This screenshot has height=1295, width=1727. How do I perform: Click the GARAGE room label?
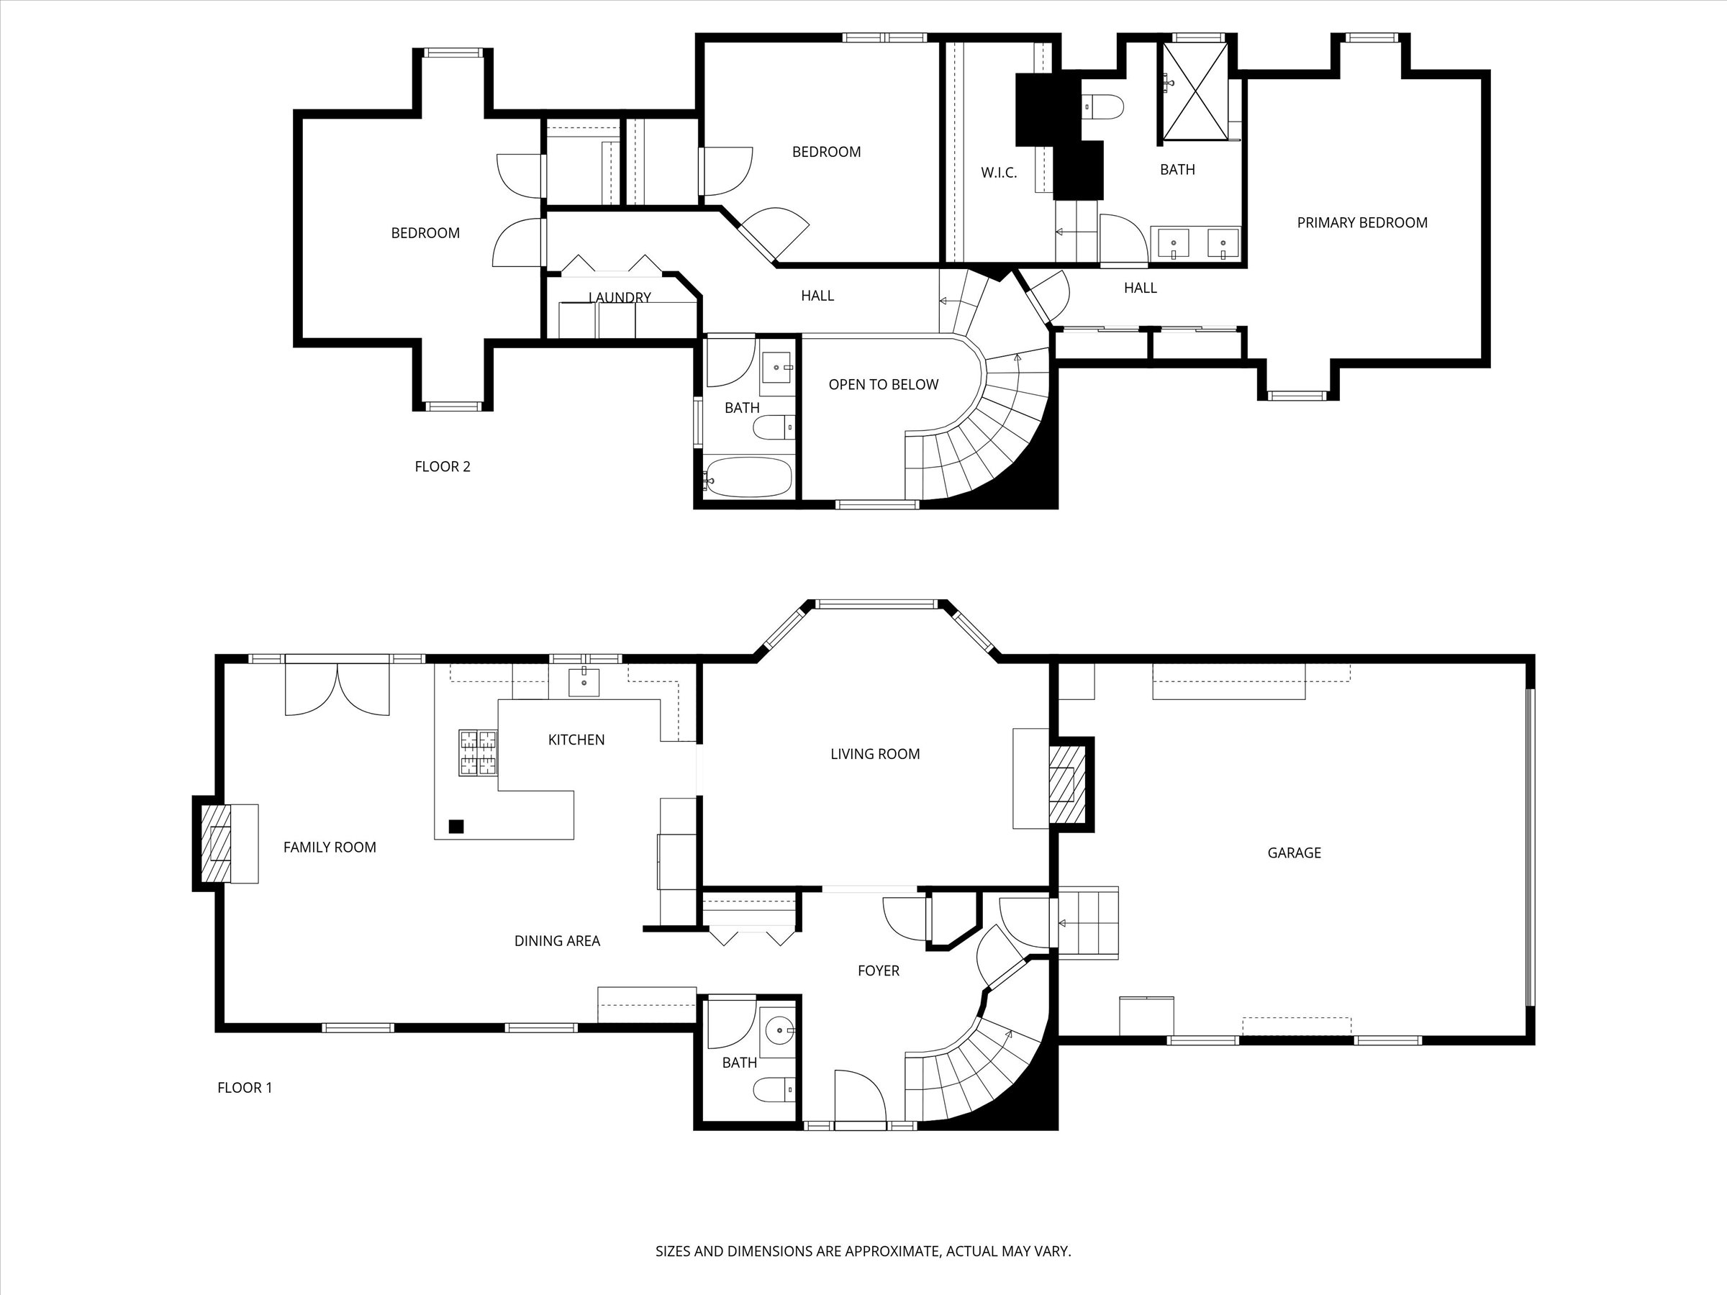coord(1294,853)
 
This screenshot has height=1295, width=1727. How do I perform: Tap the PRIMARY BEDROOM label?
coord(1361,223)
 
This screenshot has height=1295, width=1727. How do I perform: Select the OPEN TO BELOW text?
coord(883,385)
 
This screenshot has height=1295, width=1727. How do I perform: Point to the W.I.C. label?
coord(999,173)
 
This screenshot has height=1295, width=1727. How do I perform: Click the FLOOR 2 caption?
coord(442,467)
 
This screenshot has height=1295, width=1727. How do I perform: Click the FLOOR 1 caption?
coord(245,1088)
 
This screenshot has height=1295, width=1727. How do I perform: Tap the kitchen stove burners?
coord(478,753)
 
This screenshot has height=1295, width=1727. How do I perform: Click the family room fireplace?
coord(217,843)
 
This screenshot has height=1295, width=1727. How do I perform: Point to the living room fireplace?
coord(1064,783)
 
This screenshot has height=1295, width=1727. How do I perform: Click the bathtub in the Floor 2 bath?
coord(748,477)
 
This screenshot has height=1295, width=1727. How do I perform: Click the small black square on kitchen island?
coord(456,826)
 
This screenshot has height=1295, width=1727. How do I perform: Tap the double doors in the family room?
coord(337,689)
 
